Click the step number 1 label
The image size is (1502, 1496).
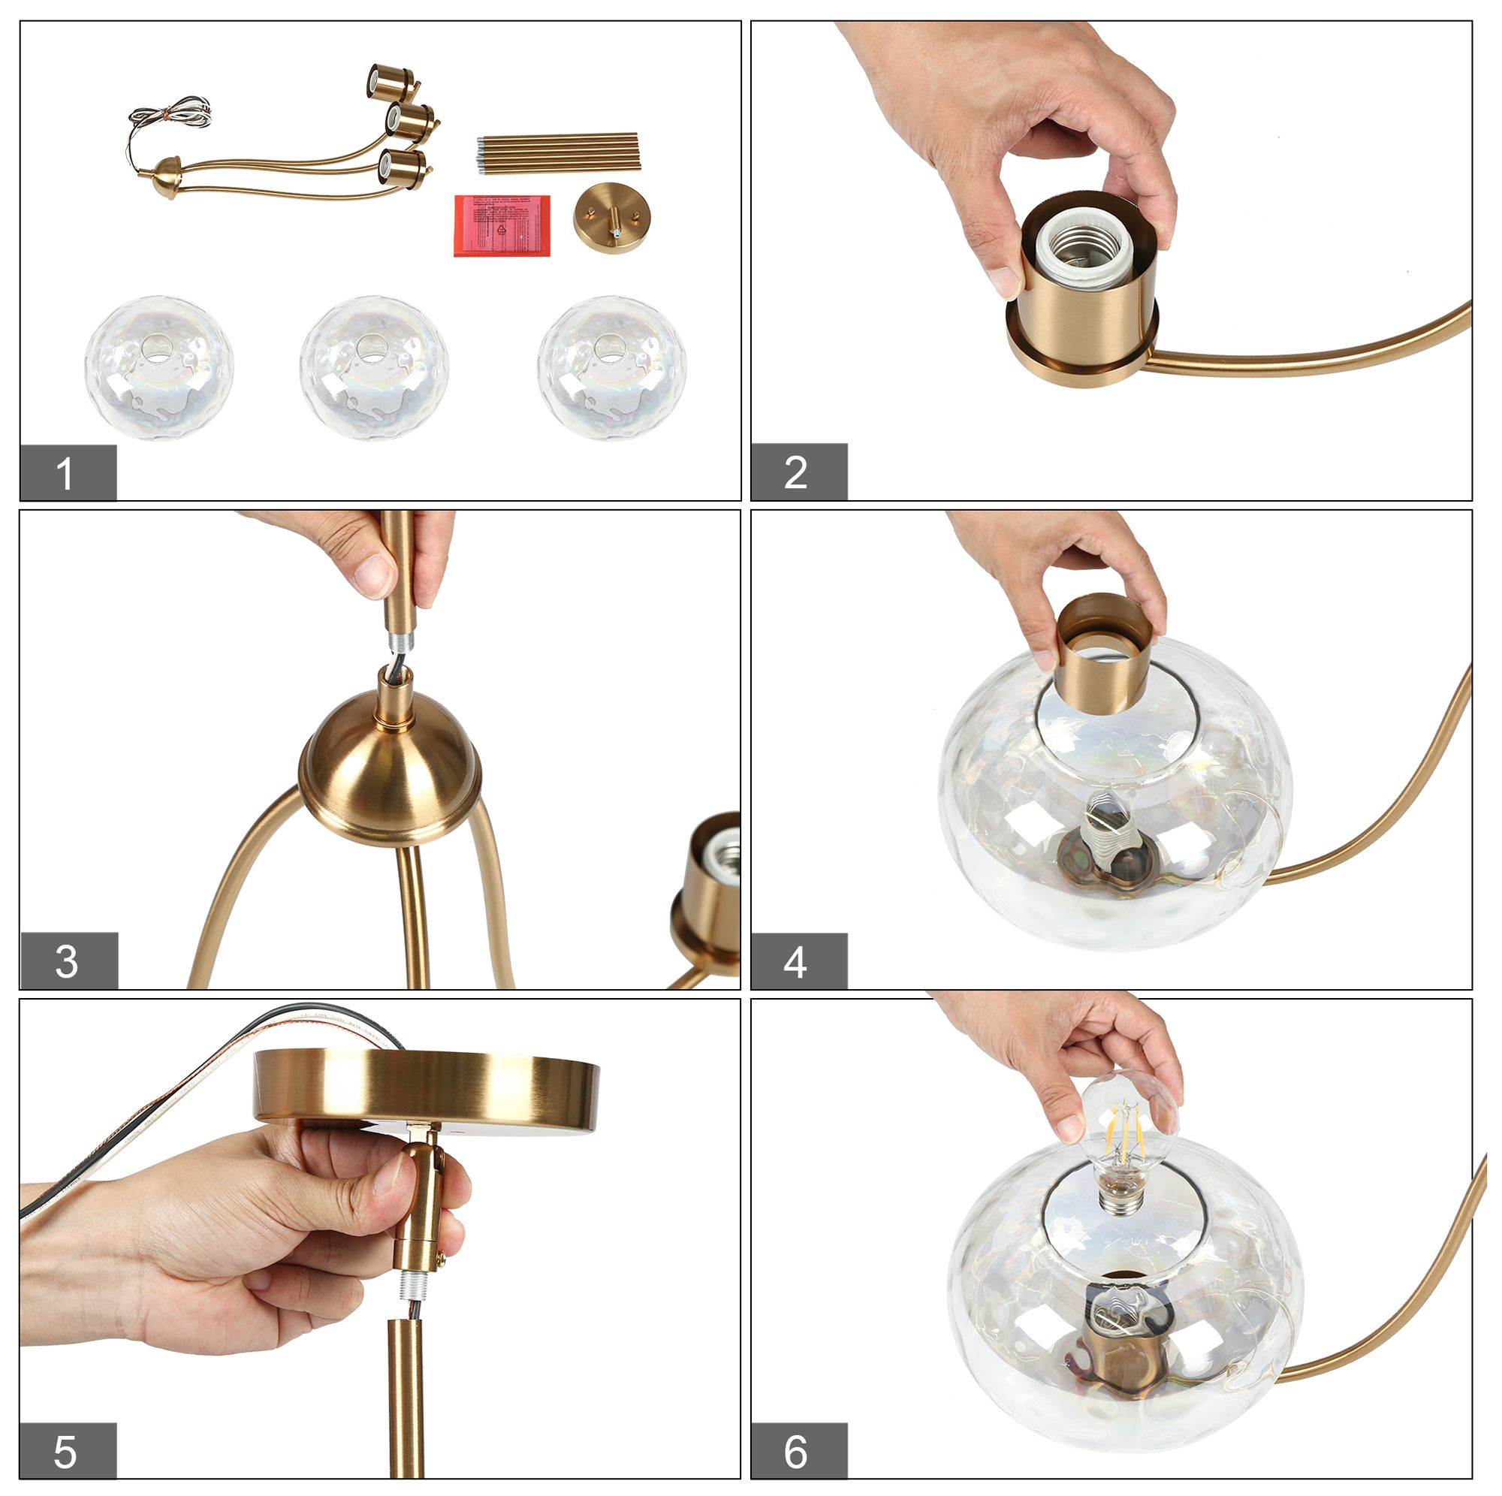pos(68,472)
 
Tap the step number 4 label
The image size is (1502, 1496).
pos(798,961)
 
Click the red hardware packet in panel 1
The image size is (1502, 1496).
pos(502,225)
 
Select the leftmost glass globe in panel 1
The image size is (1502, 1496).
pos(159,367)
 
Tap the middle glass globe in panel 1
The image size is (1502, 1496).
pos(374,367)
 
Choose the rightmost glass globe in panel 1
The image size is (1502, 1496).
pos(611,367)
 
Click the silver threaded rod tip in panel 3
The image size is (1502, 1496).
pos(402,642)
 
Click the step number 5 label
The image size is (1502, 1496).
pos(68,1450)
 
